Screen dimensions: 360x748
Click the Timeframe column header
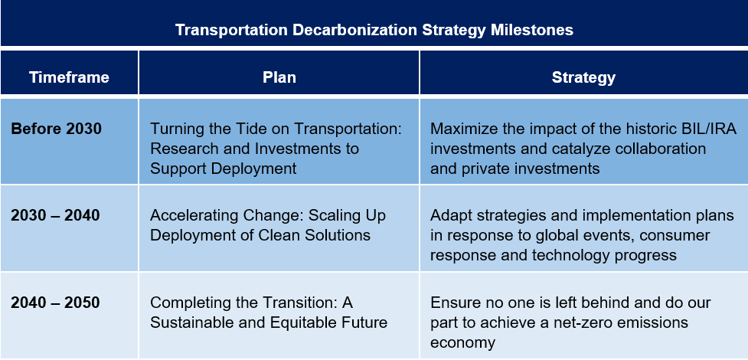pyautogui.click(x=69, y=77)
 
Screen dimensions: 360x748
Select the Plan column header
pyautogui.click(x=279, y=77)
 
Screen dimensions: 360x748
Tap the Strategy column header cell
pyautogui.click(x=583, y=77)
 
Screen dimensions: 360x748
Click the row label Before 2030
pyautogui.click(x=56, y=129)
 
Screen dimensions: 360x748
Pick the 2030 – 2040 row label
pyautogui.click(x=55, y=216)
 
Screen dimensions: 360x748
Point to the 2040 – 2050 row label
pyautogui.click(x=55, y=303)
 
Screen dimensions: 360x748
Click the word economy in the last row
pyautogui.click(x=462, y=342)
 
